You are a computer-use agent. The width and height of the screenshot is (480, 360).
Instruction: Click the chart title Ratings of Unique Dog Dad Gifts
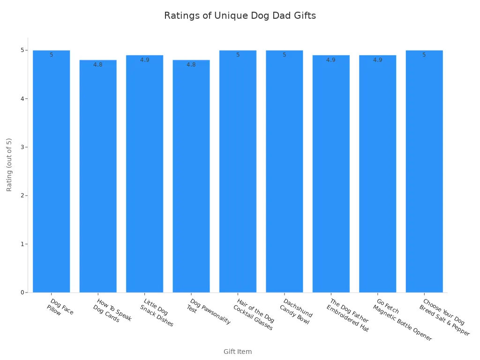point(240,15)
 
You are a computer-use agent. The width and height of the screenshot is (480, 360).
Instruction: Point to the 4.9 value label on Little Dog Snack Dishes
point(144,60)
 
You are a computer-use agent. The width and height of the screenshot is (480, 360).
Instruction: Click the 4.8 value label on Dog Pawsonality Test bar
point(191,65)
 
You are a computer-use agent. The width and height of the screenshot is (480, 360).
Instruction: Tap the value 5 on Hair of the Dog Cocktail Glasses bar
point(238,55)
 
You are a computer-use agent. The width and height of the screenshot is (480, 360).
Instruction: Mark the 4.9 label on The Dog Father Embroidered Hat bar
point(330,60)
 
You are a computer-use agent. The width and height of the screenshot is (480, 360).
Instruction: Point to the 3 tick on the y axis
point(22,147)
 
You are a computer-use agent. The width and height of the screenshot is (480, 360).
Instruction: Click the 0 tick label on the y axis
point(22,292)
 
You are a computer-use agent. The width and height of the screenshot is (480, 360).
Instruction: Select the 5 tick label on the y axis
point(22,50)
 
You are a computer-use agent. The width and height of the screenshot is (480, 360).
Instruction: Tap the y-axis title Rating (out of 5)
point(9,165)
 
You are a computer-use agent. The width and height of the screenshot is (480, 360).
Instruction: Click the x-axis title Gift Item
point(237,352)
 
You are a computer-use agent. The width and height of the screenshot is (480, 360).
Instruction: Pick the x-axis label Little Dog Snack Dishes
point(156,313)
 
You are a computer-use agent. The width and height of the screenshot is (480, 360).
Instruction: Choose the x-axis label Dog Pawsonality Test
point(208,311)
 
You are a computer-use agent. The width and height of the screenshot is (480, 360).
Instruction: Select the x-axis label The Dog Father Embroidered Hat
point(347,315)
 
